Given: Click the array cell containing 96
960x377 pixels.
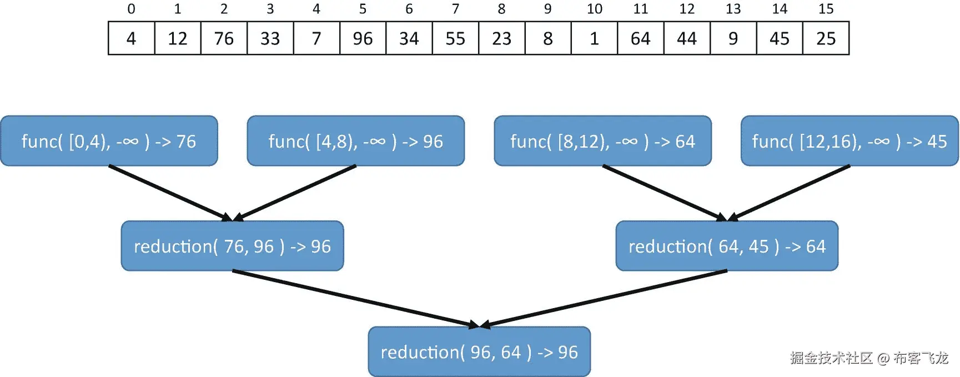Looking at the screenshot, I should coord(363,38).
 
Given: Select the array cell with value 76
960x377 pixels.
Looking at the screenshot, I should coord(224,38).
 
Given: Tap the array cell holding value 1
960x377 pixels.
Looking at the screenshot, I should coord(594,38).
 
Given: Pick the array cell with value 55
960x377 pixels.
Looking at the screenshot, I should coord(455,38).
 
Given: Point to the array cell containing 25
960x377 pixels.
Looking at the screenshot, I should coord(826,38).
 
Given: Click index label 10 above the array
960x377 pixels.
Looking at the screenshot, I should coord(594,9).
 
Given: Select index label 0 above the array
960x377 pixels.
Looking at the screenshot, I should coord(131,9).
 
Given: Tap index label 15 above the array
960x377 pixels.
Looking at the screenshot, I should coord(826,9).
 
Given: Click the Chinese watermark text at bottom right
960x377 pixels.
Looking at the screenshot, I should coord(869,358).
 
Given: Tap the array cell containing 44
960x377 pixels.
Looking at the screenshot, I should coord(687,38).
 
